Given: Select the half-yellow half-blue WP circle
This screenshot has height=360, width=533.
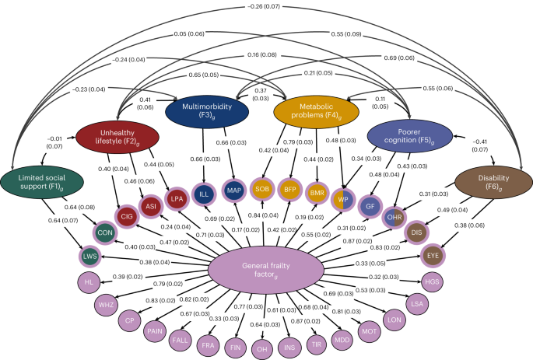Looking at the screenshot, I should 340,198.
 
